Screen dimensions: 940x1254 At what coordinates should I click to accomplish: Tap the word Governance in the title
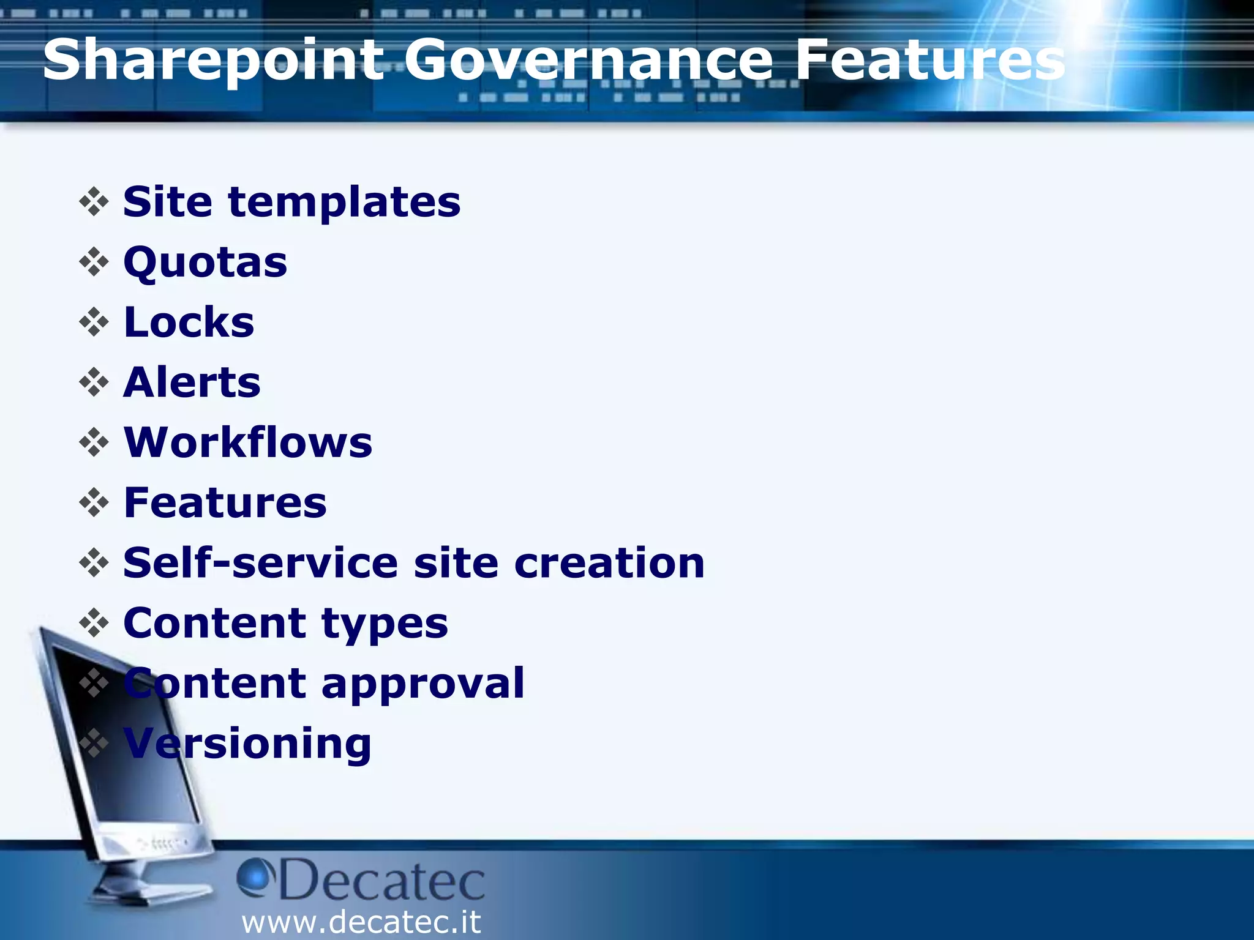click(588, 60)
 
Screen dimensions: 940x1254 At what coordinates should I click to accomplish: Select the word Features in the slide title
click(929, 60)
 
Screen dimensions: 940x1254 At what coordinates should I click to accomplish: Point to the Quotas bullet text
click(205, 263)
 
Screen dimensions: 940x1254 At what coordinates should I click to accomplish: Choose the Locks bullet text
click(189, 322)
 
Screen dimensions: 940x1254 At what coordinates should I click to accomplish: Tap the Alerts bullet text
click(192, 382)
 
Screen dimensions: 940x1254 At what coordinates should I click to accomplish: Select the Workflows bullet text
click(248, 442)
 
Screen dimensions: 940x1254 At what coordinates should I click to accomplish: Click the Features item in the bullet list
click(225, 502)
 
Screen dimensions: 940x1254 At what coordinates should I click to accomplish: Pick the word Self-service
click(260, 562)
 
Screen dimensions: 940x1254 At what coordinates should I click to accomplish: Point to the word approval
click(422, 684)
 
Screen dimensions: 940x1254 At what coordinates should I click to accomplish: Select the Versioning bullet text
click(247, 744)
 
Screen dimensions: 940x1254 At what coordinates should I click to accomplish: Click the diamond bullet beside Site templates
click(94, 202)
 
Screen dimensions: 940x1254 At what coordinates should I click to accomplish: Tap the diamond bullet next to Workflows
click(94, 442)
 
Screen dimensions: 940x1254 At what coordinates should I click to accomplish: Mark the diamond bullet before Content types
click(94, 623)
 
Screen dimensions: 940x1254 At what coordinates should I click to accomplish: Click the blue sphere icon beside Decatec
click(253, 876)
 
